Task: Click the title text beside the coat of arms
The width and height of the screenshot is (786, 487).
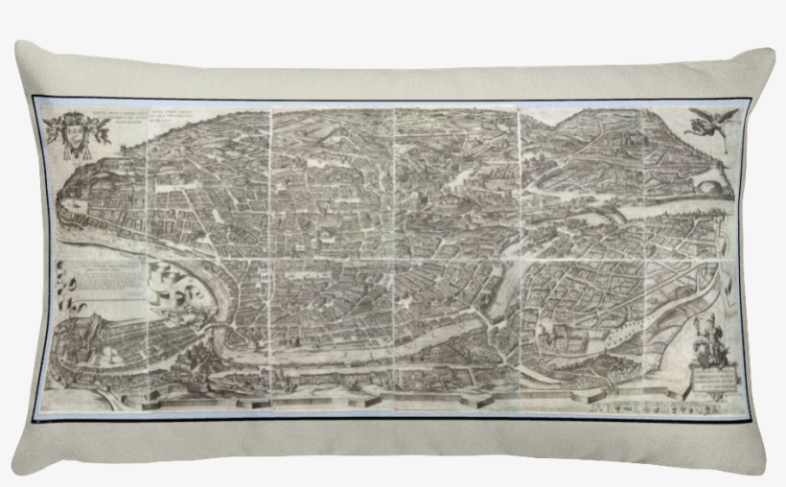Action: (144, 124)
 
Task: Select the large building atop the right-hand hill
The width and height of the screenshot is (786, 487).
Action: (633, 144)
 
